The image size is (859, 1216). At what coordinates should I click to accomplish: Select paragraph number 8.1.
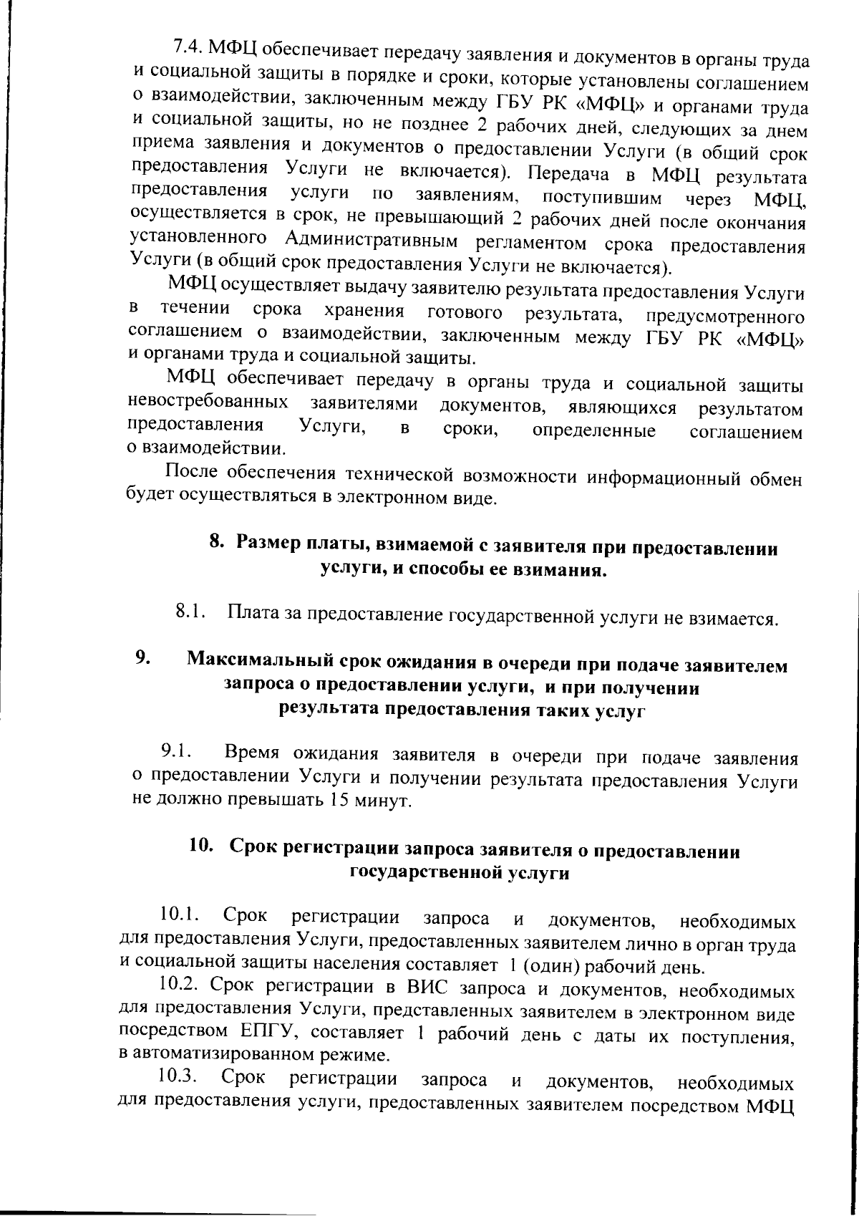pyautogui.click(x=190, y=612)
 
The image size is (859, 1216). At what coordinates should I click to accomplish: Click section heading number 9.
pyautogui.click(x=142, y=657)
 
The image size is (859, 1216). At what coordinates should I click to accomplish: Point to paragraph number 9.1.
pyautogui.click(x=176, y=751)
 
